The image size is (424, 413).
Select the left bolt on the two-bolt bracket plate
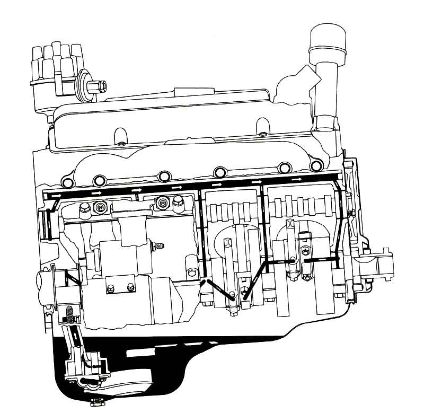[110, 288]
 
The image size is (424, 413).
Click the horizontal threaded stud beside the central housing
[158, 245]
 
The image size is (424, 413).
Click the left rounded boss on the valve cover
[120, 131]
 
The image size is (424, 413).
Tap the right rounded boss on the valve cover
[261, 127]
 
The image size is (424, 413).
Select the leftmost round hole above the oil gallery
[68, 183]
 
